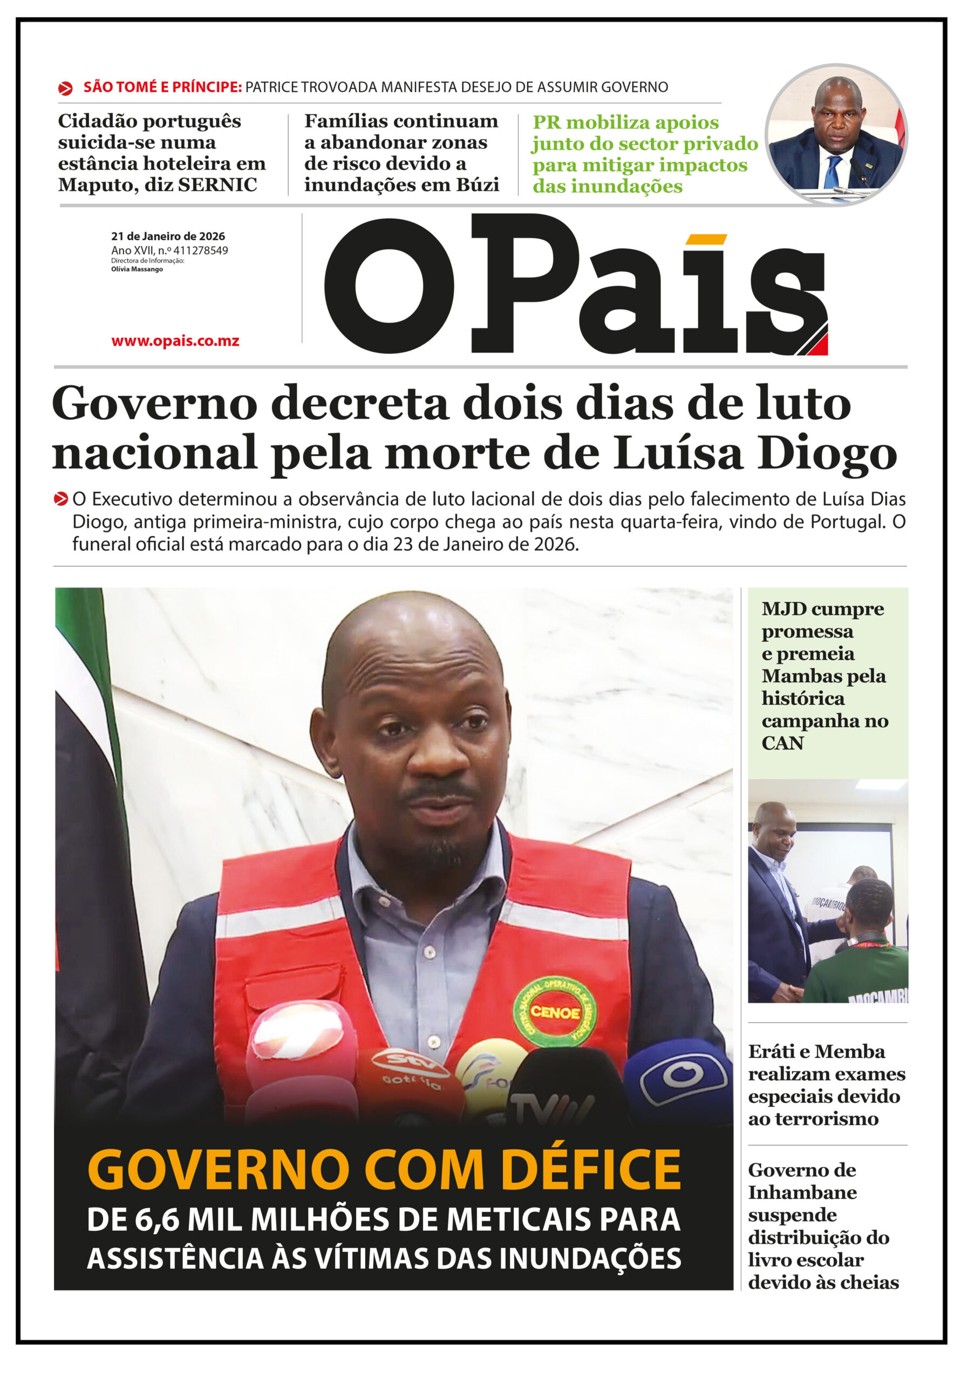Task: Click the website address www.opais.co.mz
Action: point(175,341)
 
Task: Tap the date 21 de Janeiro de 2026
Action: point(168,236)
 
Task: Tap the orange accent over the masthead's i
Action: point(706,240)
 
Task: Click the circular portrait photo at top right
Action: point(836,135)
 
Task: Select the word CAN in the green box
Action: point(782,743)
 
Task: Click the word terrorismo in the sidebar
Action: point(814,1119)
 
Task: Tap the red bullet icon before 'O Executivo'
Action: point(61,499)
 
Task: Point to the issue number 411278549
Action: point(200,250)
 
